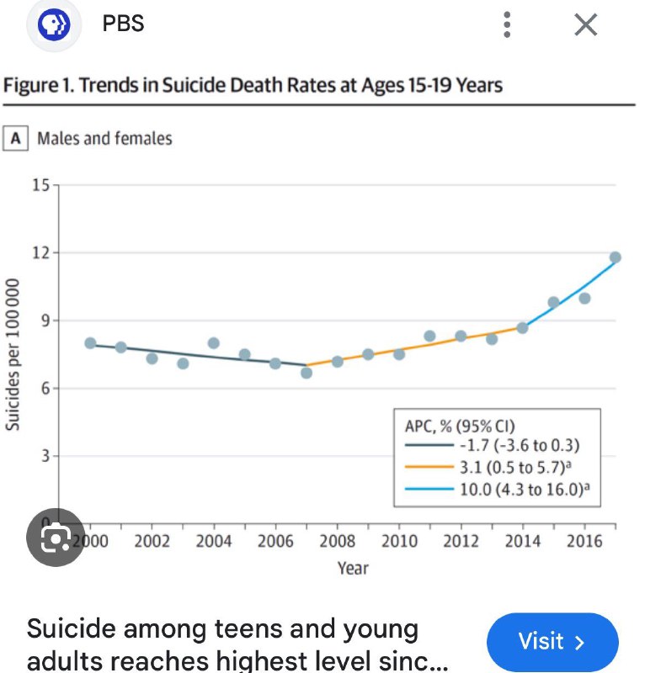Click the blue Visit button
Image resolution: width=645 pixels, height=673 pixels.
(x=552, y=642)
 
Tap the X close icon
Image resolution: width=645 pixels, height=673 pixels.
(x=585, y=25)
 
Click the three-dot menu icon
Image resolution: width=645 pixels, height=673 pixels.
(x=506, y=25)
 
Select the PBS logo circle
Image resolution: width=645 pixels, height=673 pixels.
(x=54, y=25)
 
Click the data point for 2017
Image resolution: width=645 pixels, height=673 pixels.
(x=616, y=257)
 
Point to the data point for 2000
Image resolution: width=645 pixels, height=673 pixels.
(x=90, y=343)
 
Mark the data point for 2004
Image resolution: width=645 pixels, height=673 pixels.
(x=214, y=343)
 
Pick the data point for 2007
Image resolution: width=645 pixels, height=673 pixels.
(x=307, y=372)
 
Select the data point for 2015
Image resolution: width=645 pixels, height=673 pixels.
(x=553, y=302)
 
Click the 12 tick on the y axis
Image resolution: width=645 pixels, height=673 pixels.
(x=40, y=252)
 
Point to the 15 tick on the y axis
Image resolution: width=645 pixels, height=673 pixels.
(x=40, y=184)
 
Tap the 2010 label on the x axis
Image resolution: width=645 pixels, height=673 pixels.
(x=399, y=542)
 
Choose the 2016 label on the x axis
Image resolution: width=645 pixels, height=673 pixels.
(x=584, y=542)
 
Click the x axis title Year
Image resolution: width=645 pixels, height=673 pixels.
(x=353, y=568)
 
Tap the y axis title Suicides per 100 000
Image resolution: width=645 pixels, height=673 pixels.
(x=13, y=354)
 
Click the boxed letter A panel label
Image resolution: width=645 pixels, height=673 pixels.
(x=15, y=138)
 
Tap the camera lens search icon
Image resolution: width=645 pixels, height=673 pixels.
(x=56, y=536)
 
